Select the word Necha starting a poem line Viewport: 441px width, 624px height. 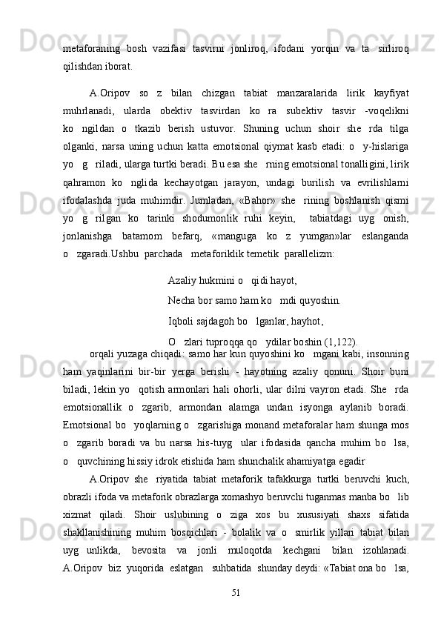coord(182,301)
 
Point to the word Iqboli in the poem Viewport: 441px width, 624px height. coord(182,321)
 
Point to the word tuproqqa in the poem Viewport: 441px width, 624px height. coord(226,341)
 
